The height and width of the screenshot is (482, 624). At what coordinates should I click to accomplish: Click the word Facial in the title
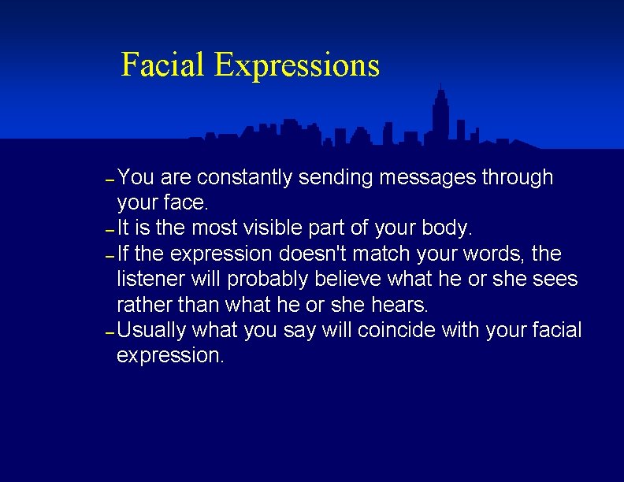tap(163, 65)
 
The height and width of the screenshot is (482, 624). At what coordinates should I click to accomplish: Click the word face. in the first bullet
tap(185, 203)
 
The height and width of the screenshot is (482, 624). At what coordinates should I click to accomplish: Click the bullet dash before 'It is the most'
tap(110, 231)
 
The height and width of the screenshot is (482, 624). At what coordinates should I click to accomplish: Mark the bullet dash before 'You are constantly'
tap(110, 180)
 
